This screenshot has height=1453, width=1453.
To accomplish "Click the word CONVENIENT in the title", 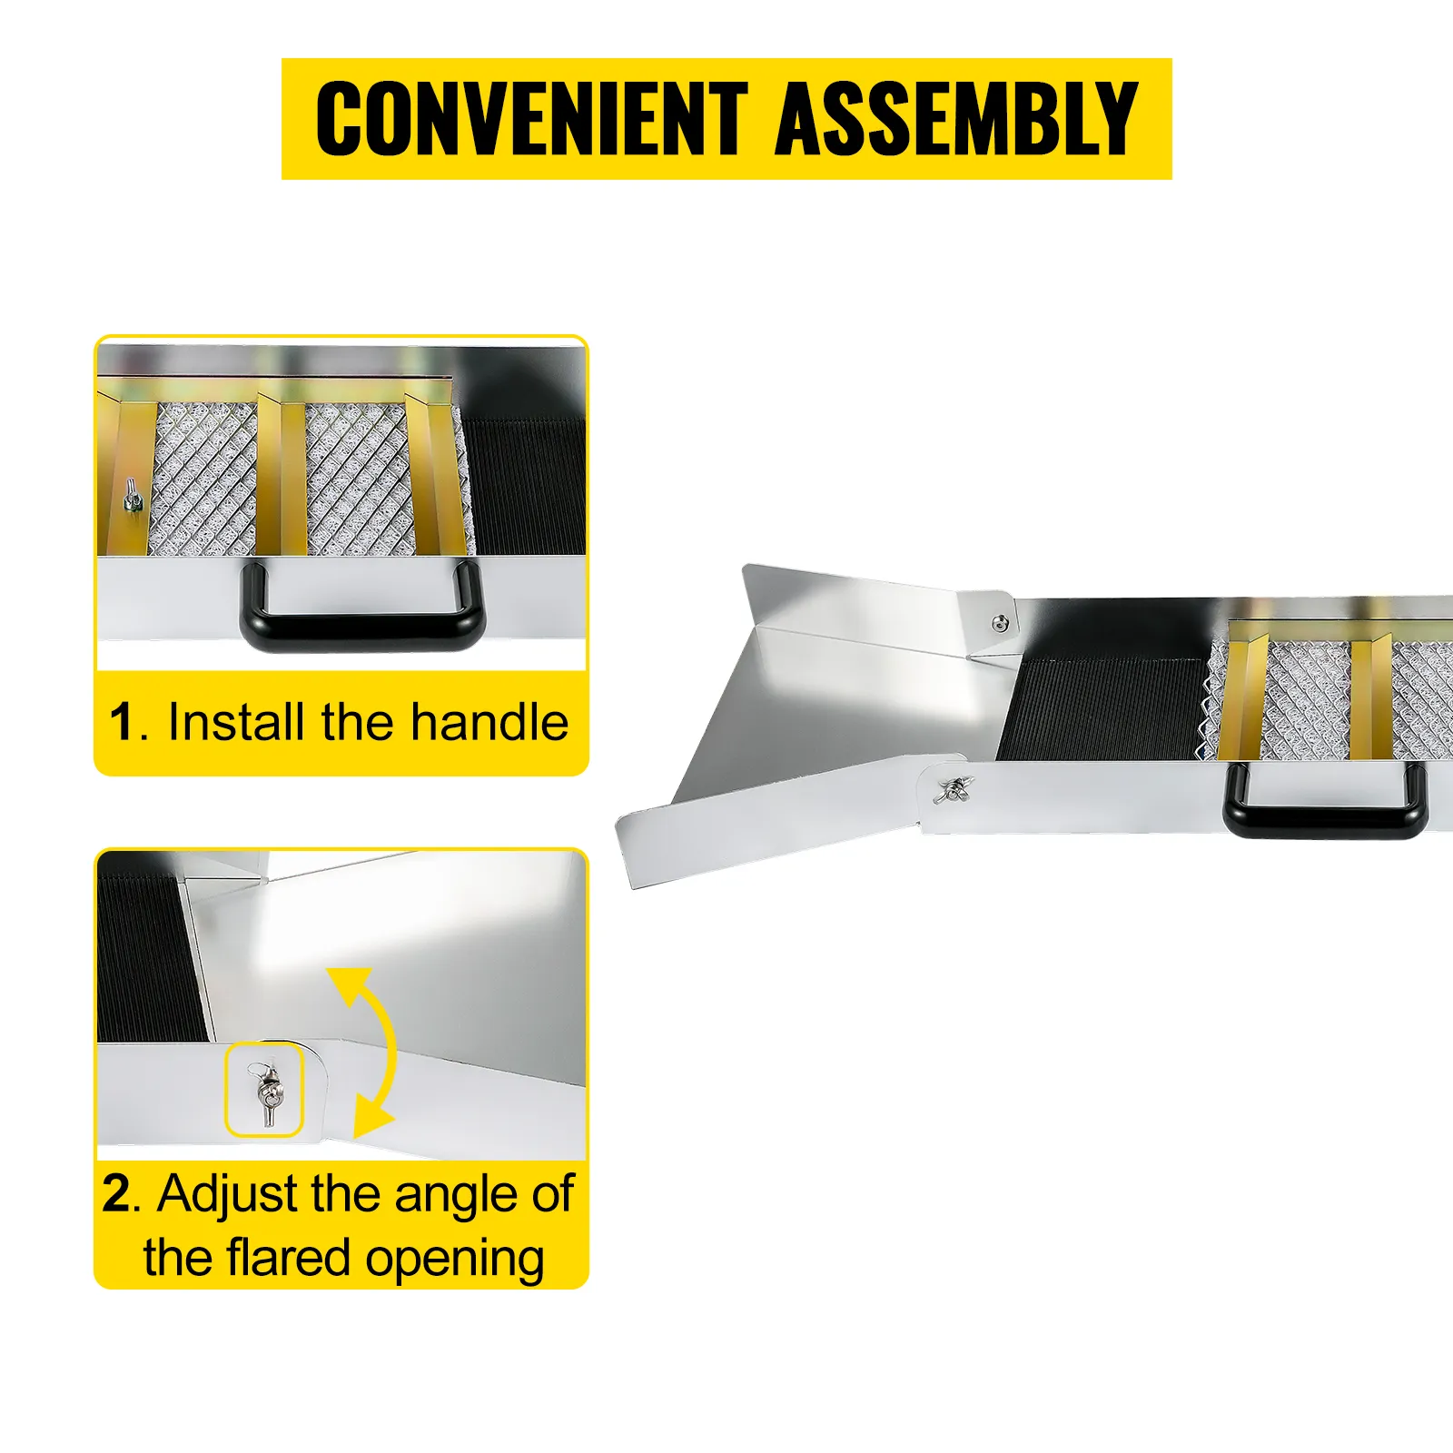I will pos(531,118).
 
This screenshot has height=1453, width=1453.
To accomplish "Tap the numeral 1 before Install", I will pos(122,723).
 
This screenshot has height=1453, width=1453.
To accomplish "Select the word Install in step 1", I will pos(235,723).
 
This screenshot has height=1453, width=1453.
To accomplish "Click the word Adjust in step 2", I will pos(227,1195).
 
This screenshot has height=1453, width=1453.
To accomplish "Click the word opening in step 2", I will pos(454,1260).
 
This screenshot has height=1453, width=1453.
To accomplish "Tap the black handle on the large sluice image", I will pos(1323,817).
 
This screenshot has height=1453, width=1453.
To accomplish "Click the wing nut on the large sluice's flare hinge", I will pos(952,791).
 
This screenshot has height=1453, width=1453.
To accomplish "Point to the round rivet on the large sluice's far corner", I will pos(1000,623).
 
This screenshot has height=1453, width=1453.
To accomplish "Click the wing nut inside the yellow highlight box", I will pos(268,1091).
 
